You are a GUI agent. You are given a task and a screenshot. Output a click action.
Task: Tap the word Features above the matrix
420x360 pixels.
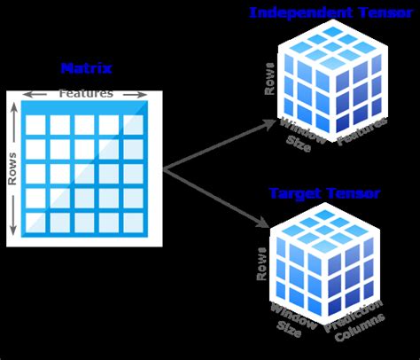click(85, 93)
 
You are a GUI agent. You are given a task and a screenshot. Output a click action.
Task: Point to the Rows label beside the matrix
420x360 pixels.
click(12, 168)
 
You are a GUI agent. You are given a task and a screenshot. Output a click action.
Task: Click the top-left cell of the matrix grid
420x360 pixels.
click(35, 126)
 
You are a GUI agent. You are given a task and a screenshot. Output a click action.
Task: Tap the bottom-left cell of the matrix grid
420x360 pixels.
click(35, 221)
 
